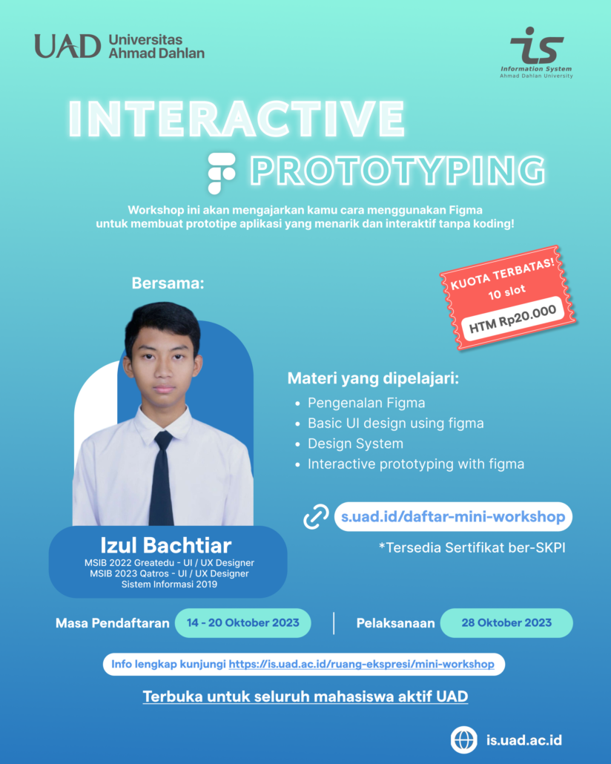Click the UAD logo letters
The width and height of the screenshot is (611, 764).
[67, 46]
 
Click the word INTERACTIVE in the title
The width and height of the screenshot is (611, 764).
[237, 116]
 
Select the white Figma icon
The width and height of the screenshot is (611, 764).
[221, 171]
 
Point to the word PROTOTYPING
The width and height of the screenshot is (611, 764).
[397, 170]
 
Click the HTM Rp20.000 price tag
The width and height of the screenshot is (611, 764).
[512, 314]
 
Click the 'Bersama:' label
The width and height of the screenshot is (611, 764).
[167, 283]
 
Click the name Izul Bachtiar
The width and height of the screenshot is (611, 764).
[168, 545]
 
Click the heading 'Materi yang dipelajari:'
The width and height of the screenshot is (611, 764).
[373, 379]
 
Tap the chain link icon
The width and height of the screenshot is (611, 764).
[317, 517]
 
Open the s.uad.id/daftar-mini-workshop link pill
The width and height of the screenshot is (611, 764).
[452, 516]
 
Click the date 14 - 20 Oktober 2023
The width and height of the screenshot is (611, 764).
[242, 623]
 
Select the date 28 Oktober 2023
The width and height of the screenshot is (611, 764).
[506, 623]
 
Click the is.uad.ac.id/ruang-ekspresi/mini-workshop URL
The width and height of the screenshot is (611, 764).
[361, 664]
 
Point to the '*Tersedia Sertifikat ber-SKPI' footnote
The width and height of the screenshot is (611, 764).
[467, 548]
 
